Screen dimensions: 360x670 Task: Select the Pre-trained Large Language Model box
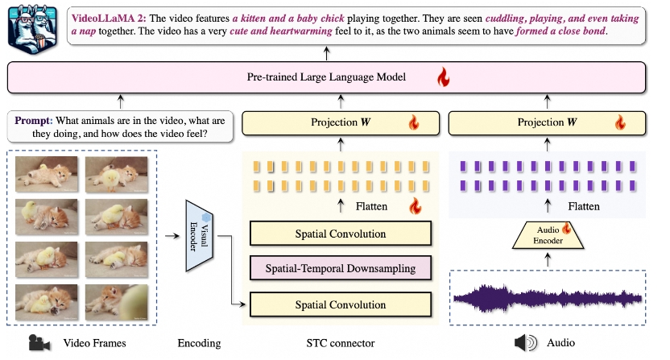[x=327, y=79]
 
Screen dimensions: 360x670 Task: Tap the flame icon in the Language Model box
[x=441, y=78]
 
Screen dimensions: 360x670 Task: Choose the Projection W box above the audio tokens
[x=548, y=122]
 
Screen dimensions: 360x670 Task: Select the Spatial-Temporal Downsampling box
[x=341, y=269]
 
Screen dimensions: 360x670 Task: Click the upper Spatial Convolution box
[x=341, y=234]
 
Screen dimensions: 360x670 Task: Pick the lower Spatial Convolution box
[x=341, y=304]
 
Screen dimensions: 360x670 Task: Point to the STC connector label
[x=341, y=343]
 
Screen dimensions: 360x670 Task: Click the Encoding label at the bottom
[x=198, y=343]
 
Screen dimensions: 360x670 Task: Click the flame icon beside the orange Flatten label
[x=416, y=206]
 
